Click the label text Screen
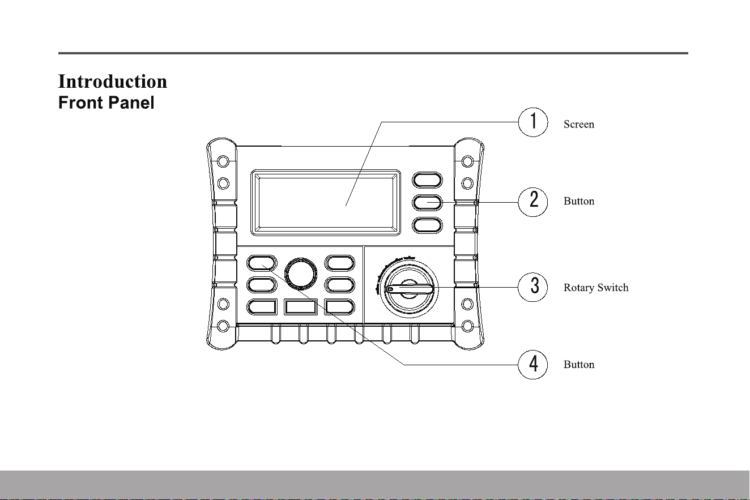(x=578, y=124)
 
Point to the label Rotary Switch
(x=596, y=288)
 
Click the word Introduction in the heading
(x=113, y=82)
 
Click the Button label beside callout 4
(x=579, y=365)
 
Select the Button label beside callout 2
(x=579, y=201)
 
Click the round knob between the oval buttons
(x=301, y=273)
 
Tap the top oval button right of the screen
(x=427, y=180)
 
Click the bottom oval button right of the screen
(x=427, y=225)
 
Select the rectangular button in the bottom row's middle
(x=301, y=307)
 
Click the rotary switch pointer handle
(x=409, y=289)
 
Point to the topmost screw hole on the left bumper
(x=223, y=161)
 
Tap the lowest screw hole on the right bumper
(x=467, y=326)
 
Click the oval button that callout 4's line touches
(x=262, y=263)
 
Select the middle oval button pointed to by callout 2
(x=427, y=203)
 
